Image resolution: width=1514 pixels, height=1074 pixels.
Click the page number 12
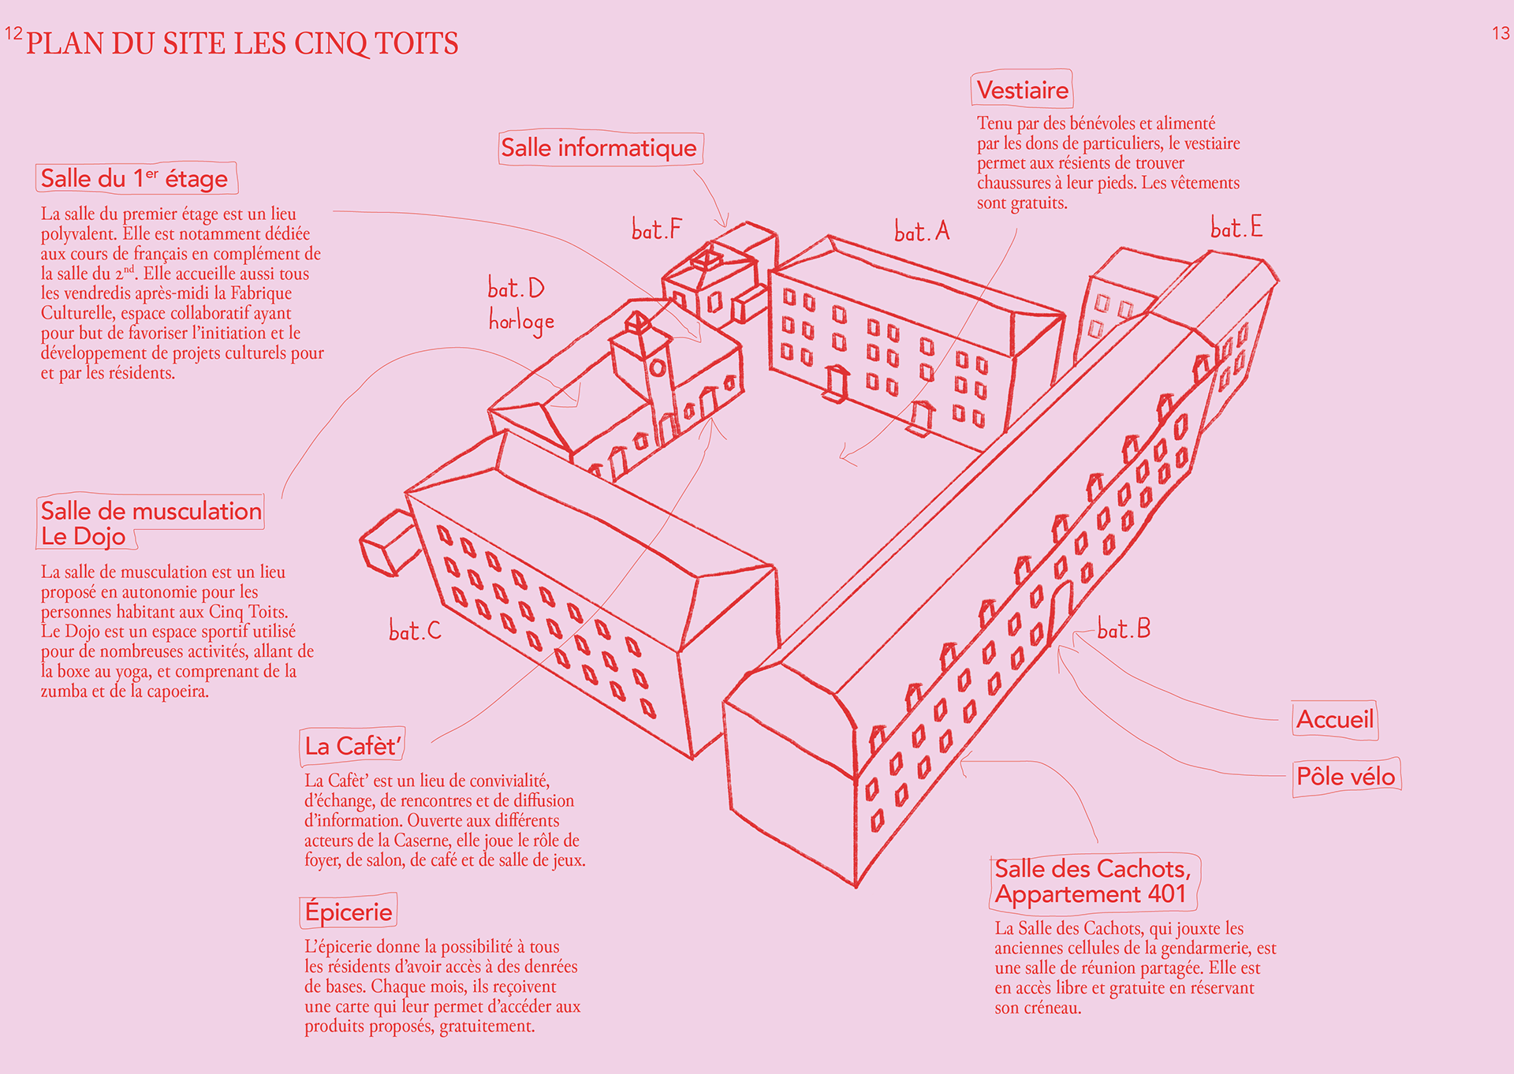(x=13, y=33)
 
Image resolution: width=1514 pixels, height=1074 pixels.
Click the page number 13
(x=1501, y=33)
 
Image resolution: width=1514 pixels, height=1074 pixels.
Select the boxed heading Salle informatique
(x=599, y=148)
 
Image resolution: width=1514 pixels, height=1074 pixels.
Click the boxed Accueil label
(x=1334, y=719)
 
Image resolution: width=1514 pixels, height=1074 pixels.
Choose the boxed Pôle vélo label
(x=1345, y=777)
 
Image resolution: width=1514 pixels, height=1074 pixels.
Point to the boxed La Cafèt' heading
(x=352, y=746)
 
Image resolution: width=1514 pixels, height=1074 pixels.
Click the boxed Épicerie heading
(x=349, y=912)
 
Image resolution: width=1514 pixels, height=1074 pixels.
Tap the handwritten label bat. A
(x=922, y=231)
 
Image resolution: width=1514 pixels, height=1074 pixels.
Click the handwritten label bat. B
(x=1124, y=629)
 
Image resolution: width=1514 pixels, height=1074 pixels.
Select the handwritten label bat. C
(x=415, y=631)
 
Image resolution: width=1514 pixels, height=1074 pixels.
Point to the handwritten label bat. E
(x=1236, y=228)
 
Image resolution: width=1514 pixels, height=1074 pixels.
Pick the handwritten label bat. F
(x=656, y=229)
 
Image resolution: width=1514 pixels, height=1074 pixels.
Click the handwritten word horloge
(x=521, y=321)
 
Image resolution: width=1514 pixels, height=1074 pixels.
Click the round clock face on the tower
(x=657, y=367)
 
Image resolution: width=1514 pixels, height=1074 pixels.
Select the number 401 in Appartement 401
(x=1167, y=894)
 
